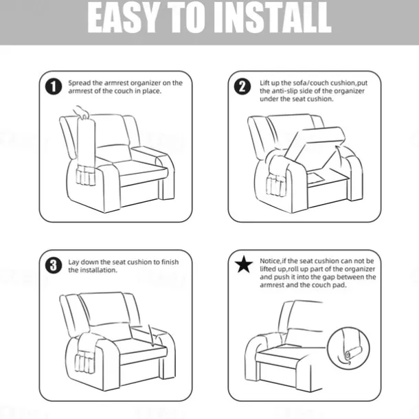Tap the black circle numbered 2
(242, 87)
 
